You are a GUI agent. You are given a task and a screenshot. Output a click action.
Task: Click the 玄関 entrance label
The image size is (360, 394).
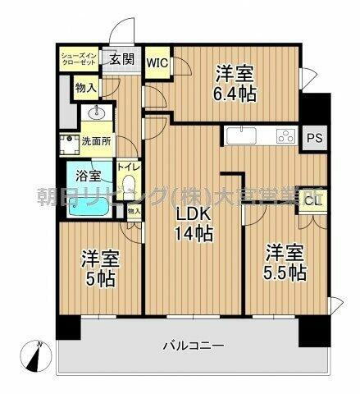tap(123, 59)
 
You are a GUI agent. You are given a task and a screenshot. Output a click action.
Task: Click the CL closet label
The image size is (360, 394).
tap(312, 198)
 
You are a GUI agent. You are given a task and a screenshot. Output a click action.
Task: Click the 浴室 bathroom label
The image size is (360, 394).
tap(89, 175)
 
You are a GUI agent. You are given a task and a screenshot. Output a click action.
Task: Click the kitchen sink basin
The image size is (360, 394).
tap(238, 136)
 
